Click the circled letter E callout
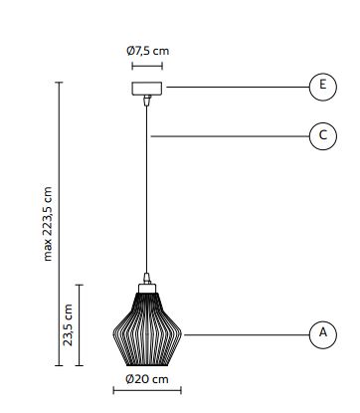coord(323,87)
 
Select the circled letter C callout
coord(323,136)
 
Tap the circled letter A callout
coord(323,334)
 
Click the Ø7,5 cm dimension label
coord(147,51)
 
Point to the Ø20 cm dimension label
coord(147,379)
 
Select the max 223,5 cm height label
coord(48,224)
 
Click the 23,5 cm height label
coord(68,325)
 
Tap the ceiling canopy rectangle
coord(147,89)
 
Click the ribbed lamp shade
coord(147,329)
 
